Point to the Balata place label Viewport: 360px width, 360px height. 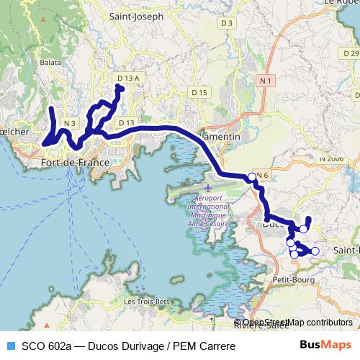point(50,63)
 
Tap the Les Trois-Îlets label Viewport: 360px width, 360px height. point(148,301)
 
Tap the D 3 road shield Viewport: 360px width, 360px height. point(228,23)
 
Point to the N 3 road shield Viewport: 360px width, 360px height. point(69,123)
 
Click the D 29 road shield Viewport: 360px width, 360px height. point(351,53)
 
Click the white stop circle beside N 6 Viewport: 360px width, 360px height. point(251,177)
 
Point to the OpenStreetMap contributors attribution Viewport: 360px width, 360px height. point(297,323)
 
